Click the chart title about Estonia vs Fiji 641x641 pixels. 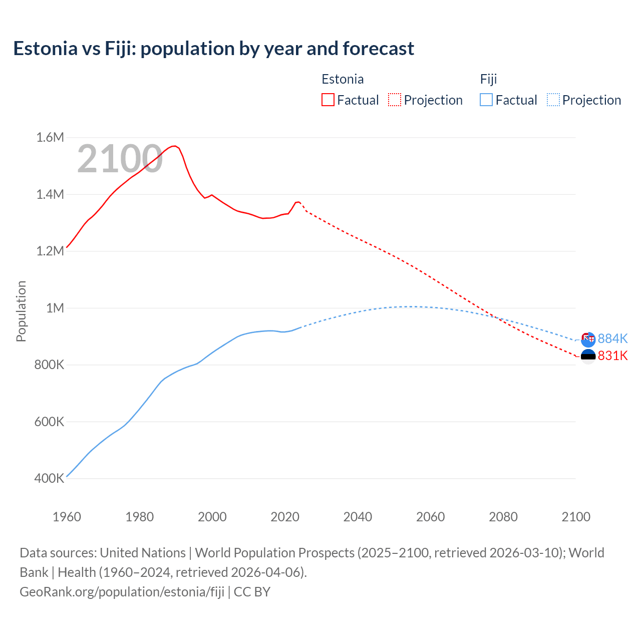pyautogui.click(x=213, y=49)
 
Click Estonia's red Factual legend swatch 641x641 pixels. pyautogui.click(x=328, y=100)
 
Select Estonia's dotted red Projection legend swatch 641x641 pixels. pyautogui.click(x=395, y=100)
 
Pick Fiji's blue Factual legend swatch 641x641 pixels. pyautogui.click(x=486, y=100)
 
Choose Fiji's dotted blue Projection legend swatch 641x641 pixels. pyautogui.click(x=553, y=100)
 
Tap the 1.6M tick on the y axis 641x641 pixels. pyautogui.click(x=50, y=137)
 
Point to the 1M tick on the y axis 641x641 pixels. pyautogui.click(x=55, y=308)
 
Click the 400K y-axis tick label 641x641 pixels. pyautogui.click(x=49, y=479)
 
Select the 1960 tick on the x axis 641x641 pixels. pyautogui.click(x=67, y=517)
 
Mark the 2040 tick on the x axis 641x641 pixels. pyautogui.click(x=358, y=517)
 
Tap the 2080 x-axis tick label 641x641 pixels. pyautogui.click(x=503, y=517)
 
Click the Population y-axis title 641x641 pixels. pyautogui.click(x=21, y=311)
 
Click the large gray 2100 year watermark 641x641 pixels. pyautogui.click(x=120, y=159)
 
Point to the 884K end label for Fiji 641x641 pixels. pyautogui.click(x=612, y=339)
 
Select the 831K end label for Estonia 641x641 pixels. pyautogui.click(x=612, y=356)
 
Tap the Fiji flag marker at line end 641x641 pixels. pyautogui.click(x=588, y=339)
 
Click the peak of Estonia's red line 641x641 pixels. pyautogui.click(x=174, y=146)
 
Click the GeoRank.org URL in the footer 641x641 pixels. pyautogui.click(x=122, y=591)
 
